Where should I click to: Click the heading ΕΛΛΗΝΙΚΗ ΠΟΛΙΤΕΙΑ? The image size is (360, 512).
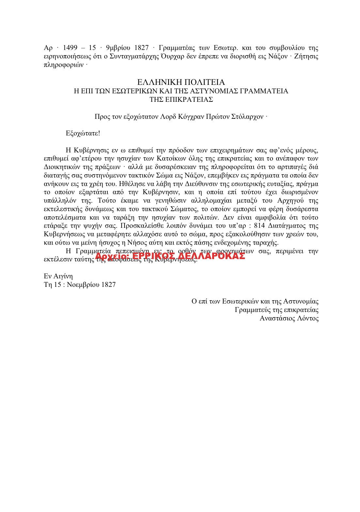(x=181, y=82)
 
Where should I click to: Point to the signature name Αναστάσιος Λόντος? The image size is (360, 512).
(x=289, y=318)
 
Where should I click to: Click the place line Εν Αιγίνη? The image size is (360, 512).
(x=58, y=276)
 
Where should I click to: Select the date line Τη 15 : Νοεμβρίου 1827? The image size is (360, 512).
(x=80, y=285)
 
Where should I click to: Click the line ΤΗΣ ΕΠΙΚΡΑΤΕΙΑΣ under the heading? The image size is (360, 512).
(x=181, y=100)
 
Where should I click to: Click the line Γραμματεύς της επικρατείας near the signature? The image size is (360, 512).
(x=276, y=310)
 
